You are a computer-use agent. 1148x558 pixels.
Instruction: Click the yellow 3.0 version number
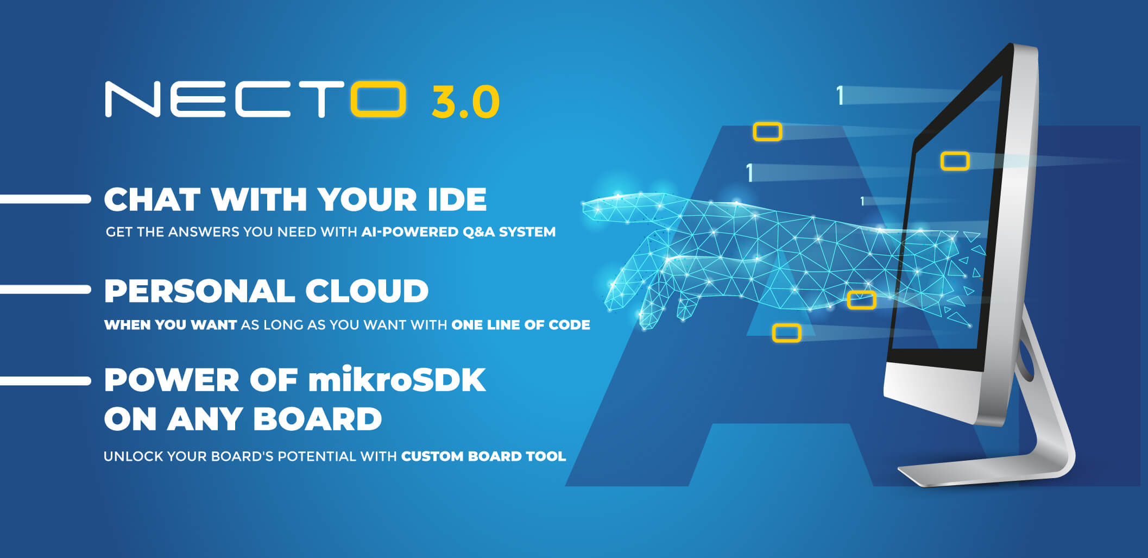point(465,102)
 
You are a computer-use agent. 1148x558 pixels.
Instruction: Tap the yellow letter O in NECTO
point(379,99)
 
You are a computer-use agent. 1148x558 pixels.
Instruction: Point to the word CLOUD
point(367,291)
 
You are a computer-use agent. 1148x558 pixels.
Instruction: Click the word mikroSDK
point(397,380)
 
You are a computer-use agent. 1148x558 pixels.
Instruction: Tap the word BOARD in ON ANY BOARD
point(318,419)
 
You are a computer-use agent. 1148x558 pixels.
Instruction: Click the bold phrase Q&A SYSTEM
point(509,232)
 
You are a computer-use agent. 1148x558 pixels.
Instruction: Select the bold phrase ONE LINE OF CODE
point(521,325)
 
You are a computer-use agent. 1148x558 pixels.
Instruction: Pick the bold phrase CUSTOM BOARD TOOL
point(483,456)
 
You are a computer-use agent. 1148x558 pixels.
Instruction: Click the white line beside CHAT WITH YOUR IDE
point(46,199)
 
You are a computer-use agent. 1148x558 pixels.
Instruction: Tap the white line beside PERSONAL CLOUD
point(46,290)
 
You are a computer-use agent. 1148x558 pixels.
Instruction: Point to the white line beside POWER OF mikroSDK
point(46,381)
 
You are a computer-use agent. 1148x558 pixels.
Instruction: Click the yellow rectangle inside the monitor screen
point(955,161)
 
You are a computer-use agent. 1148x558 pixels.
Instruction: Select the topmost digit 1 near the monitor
point(840,96)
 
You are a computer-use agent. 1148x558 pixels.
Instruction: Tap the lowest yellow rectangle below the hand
point(786,333)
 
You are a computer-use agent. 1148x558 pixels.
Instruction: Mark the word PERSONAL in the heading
point(199,291)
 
